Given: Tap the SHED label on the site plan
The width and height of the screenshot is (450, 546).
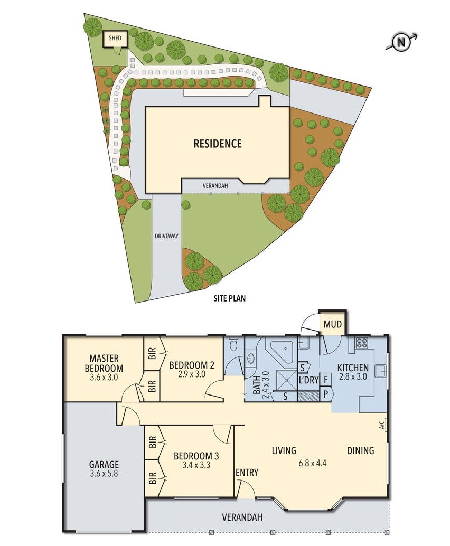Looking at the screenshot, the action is pos(115,37).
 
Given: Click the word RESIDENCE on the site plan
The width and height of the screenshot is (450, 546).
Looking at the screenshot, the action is pos(218,144).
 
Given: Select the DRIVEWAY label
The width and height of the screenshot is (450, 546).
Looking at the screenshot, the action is pos(166,236).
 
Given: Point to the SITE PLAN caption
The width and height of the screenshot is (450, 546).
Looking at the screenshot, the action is pos(229,298).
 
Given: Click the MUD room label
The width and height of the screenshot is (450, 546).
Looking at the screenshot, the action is pos(332,324).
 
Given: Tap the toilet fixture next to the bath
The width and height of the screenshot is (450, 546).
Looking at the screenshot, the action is pos(234,344).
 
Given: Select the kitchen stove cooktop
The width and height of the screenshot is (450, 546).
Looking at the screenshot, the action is pos(361,343).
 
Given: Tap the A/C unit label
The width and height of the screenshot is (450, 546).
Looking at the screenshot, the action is pos(381,426).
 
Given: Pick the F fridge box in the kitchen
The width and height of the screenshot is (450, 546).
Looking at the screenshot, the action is pos(325,380).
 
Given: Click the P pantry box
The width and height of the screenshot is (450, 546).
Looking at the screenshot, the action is pos(326,394).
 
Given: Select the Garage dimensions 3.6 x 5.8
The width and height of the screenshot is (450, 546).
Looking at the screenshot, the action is pos(104,473).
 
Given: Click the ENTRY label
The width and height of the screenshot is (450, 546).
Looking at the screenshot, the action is pos(247,472).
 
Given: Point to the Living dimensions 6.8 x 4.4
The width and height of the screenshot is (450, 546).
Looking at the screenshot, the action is pos(313,463).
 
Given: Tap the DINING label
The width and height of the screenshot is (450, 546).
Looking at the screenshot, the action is pos(361,450).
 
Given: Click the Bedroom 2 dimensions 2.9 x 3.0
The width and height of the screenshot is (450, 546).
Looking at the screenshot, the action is pos(192,374).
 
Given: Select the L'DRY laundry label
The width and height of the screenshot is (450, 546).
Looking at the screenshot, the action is pos(308,380).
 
